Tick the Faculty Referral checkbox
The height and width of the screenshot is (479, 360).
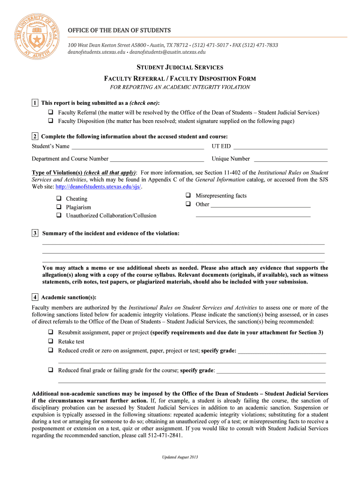click(50, 113)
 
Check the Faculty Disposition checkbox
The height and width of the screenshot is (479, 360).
click(50, 121)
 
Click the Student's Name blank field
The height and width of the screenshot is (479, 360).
click(137, 147)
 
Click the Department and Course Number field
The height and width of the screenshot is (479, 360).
click(157, 159)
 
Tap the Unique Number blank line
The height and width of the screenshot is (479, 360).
click(290, 159)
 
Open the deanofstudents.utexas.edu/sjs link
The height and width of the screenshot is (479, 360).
click(98, 187)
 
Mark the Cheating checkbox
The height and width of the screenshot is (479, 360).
click(59, 199)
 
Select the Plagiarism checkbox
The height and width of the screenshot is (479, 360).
click(59, 207)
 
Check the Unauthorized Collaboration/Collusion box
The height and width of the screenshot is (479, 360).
click(59, 216)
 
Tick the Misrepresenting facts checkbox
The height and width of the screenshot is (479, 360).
click(188, 196)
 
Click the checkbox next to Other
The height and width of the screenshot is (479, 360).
click(188, 204)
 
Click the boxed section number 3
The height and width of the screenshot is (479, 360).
click(35, 233)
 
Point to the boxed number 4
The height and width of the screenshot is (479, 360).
click(35, 298)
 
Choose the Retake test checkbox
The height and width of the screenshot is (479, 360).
click(50, 341)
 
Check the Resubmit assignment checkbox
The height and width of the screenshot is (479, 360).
click(50, 333)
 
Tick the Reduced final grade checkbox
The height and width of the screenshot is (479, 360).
click(50, 370)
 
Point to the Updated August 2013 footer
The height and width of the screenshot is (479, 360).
click(180, 457)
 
